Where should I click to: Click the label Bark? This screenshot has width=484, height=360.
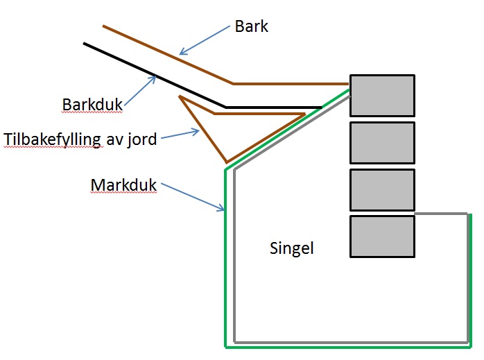pyautogui.click(x=251, y=27)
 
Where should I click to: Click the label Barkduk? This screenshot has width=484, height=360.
pyautogui.click(x=92, y=105)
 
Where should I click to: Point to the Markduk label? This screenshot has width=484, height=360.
pyautogui.click(x=123, y=185)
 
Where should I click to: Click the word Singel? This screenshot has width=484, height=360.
pyautogui.click(x=291, y=248)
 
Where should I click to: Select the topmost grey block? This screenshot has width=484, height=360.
pyautogui.click(x=382, y=95)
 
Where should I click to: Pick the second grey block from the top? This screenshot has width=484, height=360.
pyautogui.click(x=382, y=142)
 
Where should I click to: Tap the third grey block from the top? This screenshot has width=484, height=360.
pyautogui.click(x=382, y=189)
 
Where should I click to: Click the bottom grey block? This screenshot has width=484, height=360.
pyautogui.click(x=382, y=237)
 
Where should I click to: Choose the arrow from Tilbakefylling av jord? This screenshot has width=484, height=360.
pyautogui.click(x=179, y=135)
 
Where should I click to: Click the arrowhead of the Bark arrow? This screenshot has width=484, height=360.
pyautogui.click(x=182, y=52)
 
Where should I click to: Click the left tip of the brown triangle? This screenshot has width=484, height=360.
pyautogui.click(x=180, y=97)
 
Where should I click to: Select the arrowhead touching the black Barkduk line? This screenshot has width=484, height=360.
pyautogui.click(x=154, y=78)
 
